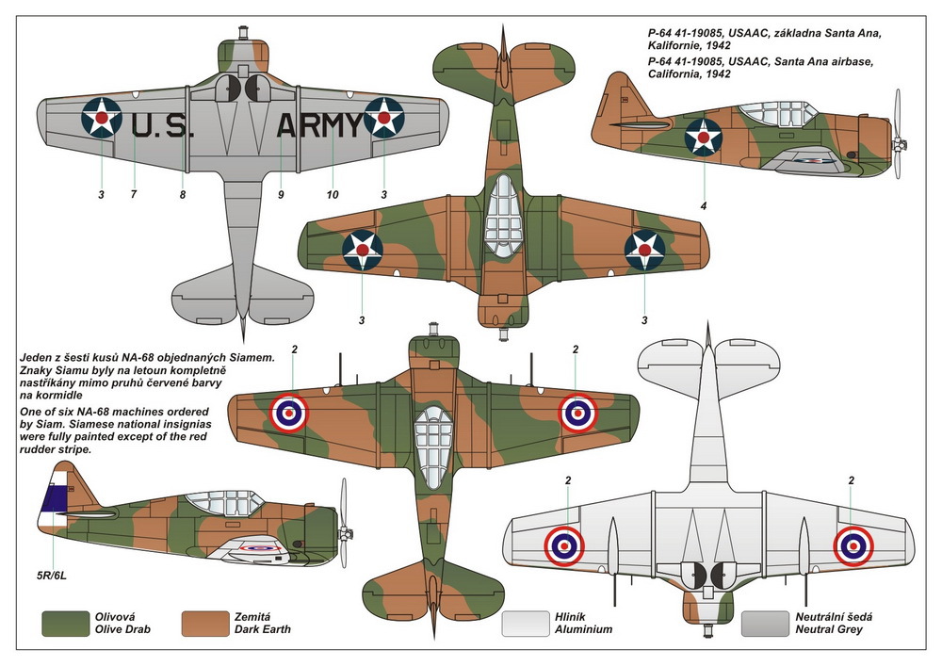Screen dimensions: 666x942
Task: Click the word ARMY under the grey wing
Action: click(x=319, y=124)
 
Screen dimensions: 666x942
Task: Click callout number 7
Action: click(x=134, y=195)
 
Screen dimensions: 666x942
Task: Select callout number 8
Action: click(x=183, y=195)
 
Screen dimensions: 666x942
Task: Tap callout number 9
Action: click(x=281, y=195)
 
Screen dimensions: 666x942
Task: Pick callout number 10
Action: click(x=333, y=195)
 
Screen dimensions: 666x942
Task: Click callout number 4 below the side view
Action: click(x=703, y=205)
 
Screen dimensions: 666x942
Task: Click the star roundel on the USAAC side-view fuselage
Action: click(x=703, y=138)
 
